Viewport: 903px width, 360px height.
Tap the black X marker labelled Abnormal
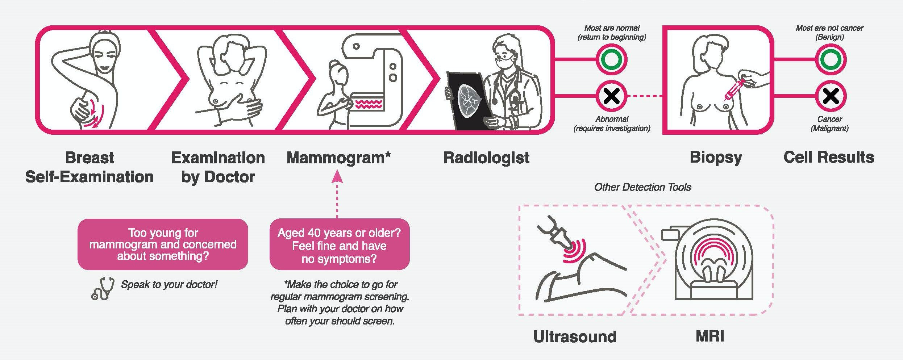[612, 96]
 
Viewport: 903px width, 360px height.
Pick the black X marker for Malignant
[831, 96]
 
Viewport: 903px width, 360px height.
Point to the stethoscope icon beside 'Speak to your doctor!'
[103, 288]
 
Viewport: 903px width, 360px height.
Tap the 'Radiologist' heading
[486, 158]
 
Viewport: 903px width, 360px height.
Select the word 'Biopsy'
[716, 158]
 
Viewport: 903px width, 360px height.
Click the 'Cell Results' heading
[829, 158]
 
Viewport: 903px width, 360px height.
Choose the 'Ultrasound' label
[575, 336]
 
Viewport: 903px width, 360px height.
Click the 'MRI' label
[710, 336]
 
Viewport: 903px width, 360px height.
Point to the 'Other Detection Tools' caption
[642, 187]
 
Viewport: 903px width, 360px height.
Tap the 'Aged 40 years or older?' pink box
[340, 244]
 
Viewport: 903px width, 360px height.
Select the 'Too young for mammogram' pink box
[163, 244]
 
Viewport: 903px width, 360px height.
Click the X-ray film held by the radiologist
[470, 101]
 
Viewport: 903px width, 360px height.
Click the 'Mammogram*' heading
[339, 158]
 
